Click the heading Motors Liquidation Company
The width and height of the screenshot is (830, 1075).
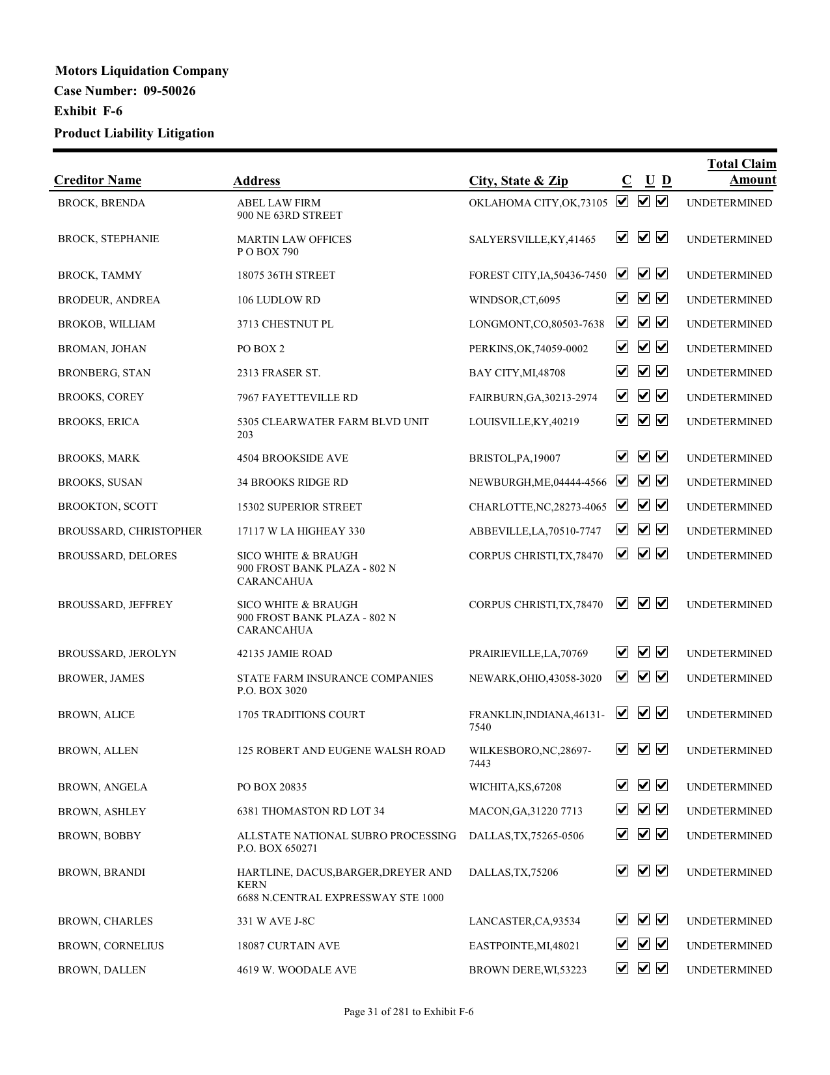pyautogui.click(x=141, y=71)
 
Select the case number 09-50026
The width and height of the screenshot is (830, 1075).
pyautogui.click(x=169, y=91)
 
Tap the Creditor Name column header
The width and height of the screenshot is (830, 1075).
pyautogui.click(x=98, y=180)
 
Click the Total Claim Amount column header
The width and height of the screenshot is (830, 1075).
pyautogui.click(x=741, y=172)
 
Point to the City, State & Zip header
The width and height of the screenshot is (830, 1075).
pyautogui.click(x=518, y=181)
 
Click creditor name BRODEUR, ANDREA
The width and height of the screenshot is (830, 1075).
pyautogui.click(x=109, y=300)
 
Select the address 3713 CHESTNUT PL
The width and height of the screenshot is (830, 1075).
pyautogui.click(x=285, y=324)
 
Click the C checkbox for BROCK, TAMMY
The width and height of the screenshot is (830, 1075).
pyautogui.click(x=622, y=274)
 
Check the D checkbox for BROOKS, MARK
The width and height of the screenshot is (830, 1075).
pyautogui.click(x=662, y=457)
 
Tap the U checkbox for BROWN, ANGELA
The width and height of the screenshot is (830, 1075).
pyautogui.click(x=643, y=786)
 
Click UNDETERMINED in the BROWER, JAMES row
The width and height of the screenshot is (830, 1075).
pyautogui.click(x=729, y=678)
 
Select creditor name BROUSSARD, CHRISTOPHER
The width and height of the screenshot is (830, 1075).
pyautogui.click(x=130, y=531)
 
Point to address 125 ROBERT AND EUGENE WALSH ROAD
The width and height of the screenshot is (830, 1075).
pyautogui.click(x=341, y=751)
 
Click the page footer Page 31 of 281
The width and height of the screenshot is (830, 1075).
pyautogui.click(x=408, y=1012)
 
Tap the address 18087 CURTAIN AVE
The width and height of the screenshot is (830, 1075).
pyautogui.click(x=288, y=946)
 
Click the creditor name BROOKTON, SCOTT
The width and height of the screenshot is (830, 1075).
pyautogui.click(x=107, y=507)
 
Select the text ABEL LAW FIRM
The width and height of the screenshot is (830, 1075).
pyautogui.click(x=279, y=203)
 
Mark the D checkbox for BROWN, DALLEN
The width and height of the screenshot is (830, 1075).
pyautogui.click(x=662, y=969)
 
